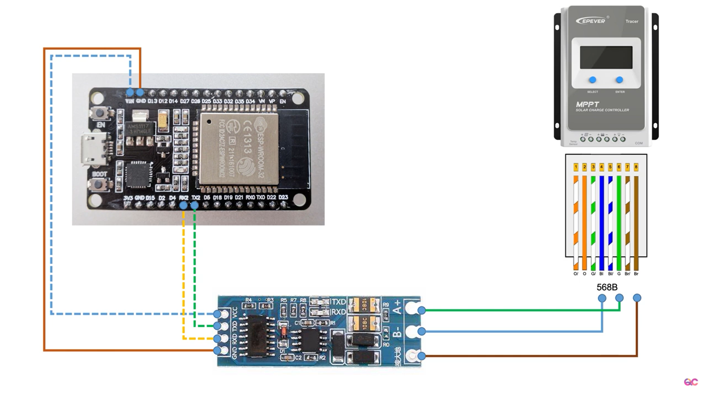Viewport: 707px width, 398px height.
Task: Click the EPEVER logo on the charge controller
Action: [x=591, y=21]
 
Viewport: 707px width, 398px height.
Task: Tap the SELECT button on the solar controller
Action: [x=592, y=80]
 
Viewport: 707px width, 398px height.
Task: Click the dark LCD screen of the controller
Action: [x=606, y=57]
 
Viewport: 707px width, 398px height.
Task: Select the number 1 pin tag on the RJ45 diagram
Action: [x=576, y=167]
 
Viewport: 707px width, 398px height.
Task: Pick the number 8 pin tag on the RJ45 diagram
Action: [x=636, y=167]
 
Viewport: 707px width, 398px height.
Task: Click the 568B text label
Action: [x=607, y=287]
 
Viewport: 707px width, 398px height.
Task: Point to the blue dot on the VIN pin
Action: [x=130, y=92]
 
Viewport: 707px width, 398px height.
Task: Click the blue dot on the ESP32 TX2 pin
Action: [x=194, y=205]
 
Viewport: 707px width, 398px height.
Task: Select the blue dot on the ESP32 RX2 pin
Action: [x=183, y=205]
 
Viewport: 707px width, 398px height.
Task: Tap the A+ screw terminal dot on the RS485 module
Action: [x=422, y=310]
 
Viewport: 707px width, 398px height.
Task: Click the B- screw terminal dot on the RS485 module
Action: [x=422, y=331]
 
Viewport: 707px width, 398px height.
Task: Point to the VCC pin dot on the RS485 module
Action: [x=217, y=314]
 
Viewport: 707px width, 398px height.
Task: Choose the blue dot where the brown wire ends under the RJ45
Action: [x=637, y=298]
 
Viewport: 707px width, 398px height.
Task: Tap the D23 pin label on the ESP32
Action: [x=283, y=198]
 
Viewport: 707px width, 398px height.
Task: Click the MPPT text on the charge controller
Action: [x=588, y=104]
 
